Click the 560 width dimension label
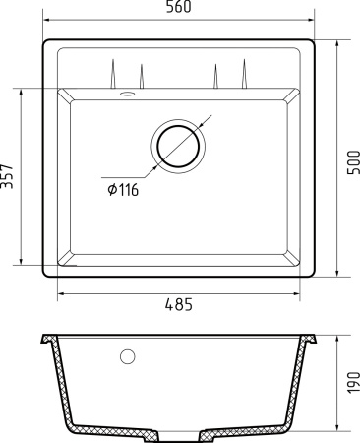pos(179,8)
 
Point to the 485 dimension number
pos(177,304)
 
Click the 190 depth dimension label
pos(352,384)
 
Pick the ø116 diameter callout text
pos(120,190)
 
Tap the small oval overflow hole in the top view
pos(126,95)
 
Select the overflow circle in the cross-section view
pos(126,355)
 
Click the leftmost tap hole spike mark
pos(114,73)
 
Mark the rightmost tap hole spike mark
pos(243,73)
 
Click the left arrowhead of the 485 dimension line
pos(60,293)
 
